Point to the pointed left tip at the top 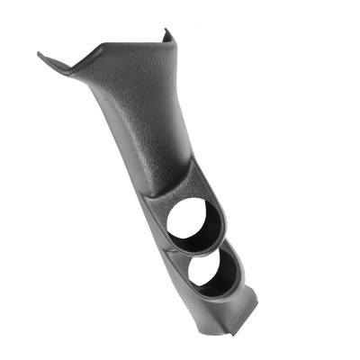(x=40, y=53)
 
